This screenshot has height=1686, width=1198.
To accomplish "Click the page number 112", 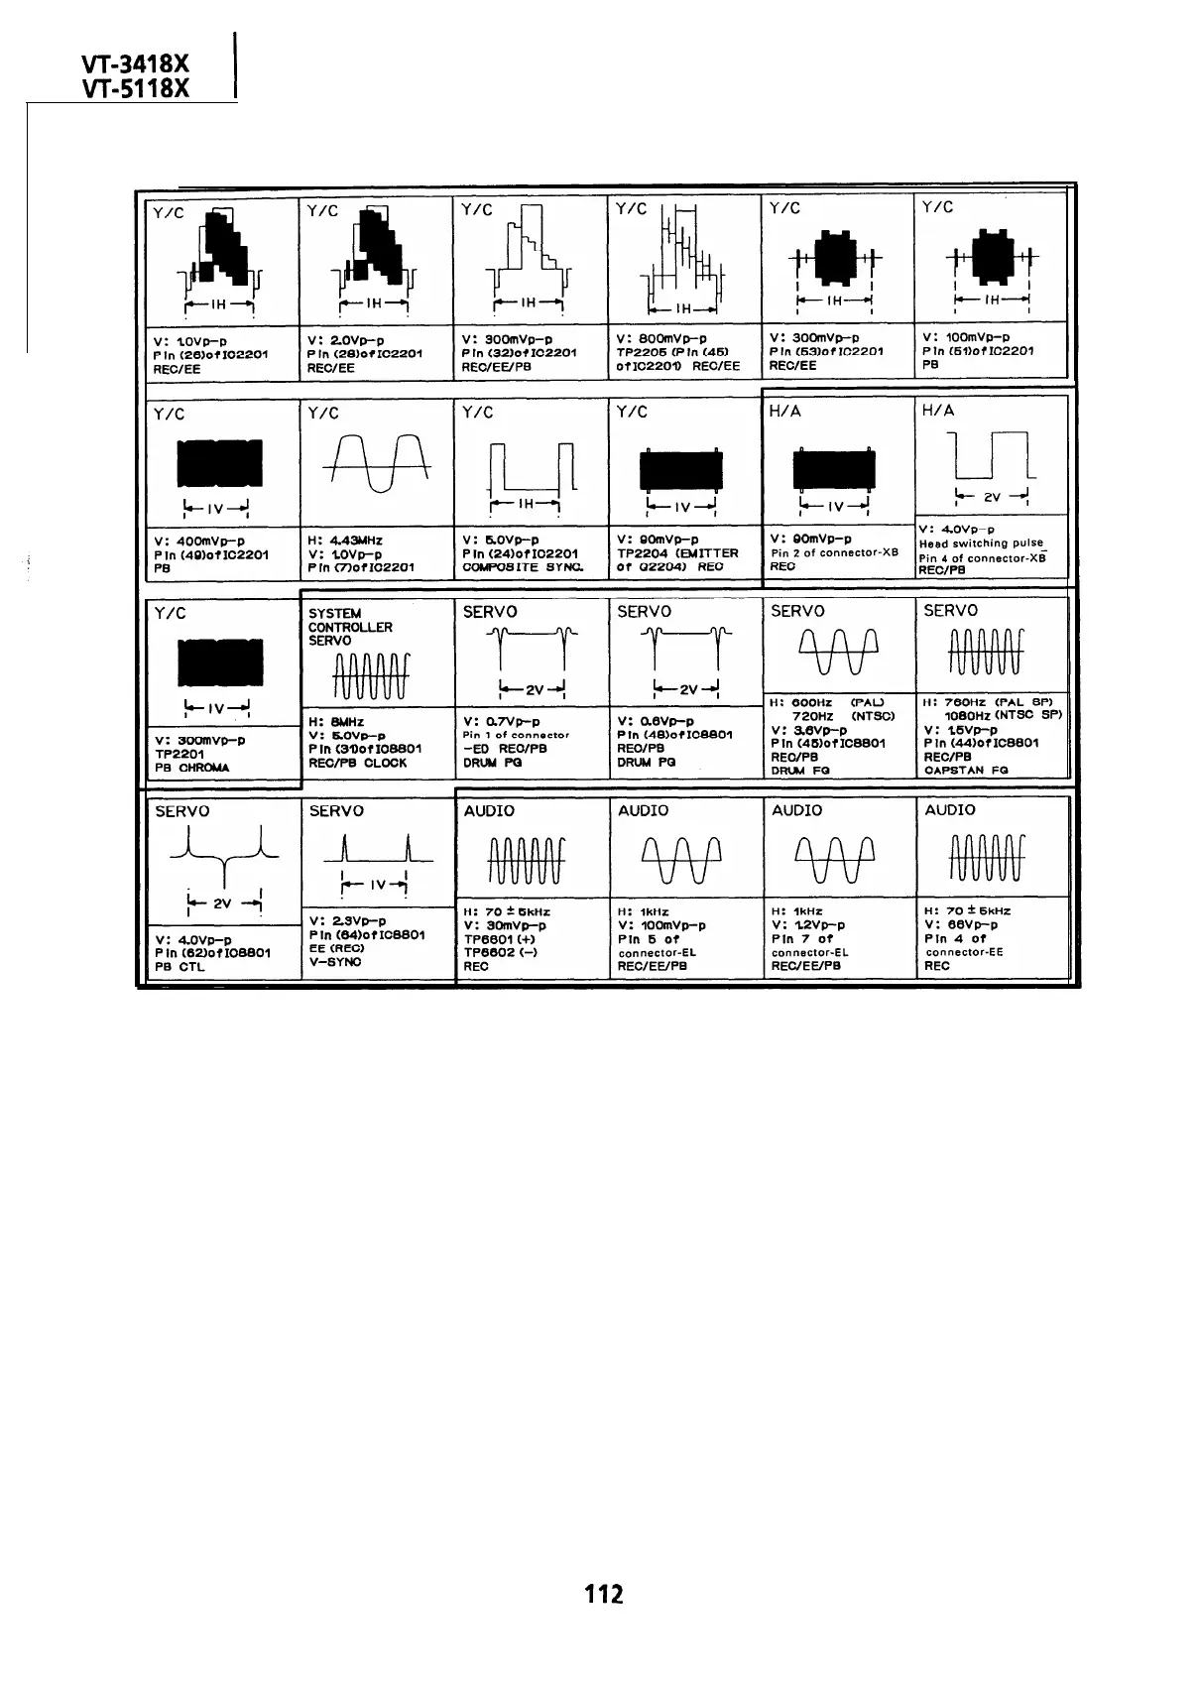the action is [x=604, y=1594].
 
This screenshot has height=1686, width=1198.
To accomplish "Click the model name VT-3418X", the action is [x=136, y=65].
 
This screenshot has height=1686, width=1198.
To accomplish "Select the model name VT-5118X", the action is [x=136, y=89].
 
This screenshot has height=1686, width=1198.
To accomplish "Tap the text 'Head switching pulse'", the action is [x=981, y=543].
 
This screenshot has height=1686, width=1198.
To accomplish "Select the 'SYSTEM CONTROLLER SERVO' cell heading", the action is [x=350, y=627].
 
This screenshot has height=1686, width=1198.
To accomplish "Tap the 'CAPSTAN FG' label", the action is [x=966, y=770].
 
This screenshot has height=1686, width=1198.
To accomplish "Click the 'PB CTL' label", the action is [x=180, y=967].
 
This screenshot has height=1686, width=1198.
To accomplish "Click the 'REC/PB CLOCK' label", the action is [x=357, y=764].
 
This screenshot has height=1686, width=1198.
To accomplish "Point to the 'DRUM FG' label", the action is [x=800, y=771].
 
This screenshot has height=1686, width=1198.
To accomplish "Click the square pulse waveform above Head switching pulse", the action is [x=991, y=454].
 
